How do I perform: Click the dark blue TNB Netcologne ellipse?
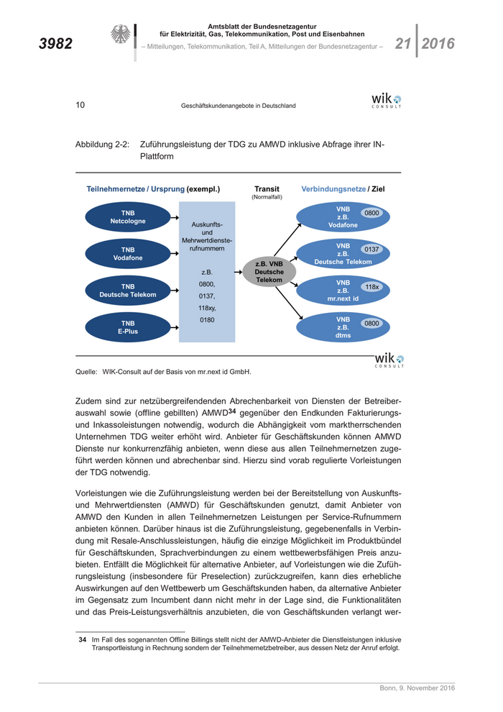[128, 217]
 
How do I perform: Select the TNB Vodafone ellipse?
[128, 254]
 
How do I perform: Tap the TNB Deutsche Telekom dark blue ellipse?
[128, 291]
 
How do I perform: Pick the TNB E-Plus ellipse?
[128, 327]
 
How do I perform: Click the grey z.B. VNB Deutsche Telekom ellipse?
[269, 272]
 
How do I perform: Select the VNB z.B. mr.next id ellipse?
[342, 291]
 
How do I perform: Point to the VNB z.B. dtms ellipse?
[342, 327]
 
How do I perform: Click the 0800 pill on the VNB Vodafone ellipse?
[372, 213]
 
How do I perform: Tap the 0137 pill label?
[372, 250]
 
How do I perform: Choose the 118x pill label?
[372, 286]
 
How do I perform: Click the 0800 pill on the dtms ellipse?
[372, 324]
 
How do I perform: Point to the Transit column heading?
[267, 189]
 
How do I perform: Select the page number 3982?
[55, 44]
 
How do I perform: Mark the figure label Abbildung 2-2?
[102, 144]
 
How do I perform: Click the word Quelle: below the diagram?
[86, 372]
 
